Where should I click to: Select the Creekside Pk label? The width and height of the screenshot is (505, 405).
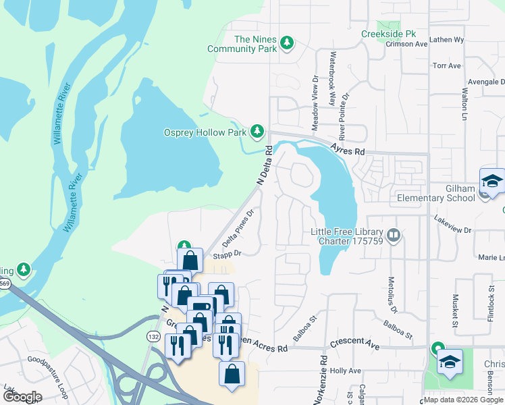388,34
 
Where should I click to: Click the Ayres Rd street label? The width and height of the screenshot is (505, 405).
348,148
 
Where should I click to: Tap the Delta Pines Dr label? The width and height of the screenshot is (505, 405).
238,229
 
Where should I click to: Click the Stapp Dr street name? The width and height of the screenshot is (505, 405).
228,254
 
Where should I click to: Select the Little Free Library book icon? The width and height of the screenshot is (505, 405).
394,236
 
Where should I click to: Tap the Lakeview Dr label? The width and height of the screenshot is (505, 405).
453,230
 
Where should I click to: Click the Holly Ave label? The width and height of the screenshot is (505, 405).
346,371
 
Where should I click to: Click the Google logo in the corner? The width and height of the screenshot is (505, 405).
22,396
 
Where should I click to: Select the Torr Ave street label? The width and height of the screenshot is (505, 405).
447,65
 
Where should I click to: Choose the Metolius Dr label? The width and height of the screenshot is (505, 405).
392,291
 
